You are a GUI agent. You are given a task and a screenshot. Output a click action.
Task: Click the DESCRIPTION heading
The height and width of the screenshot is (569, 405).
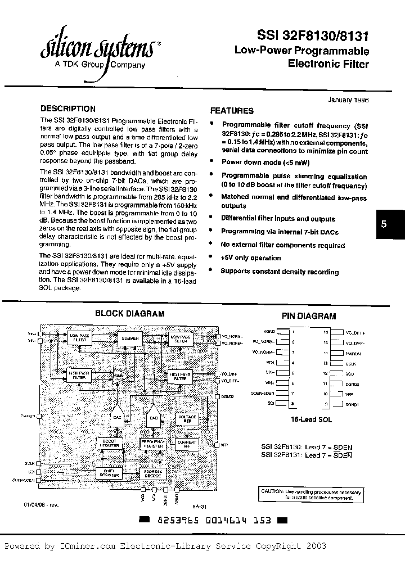[68, 109]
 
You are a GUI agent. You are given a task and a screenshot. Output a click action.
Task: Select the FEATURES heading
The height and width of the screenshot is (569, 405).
[232, 111]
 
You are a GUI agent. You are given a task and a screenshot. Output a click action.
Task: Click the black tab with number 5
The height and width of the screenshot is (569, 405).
[384, 223]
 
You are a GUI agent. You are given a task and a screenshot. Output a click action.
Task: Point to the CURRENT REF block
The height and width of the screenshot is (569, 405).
[186, 444]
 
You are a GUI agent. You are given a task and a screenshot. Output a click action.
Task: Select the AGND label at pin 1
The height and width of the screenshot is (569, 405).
[269, 332]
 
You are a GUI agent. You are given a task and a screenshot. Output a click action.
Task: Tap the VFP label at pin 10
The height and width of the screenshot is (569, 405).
[349, 395]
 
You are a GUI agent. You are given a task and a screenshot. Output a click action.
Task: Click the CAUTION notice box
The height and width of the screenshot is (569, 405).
[310, 494]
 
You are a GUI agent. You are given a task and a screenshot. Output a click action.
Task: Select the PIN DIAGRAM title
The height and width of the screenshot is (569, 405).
[308, 316]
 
